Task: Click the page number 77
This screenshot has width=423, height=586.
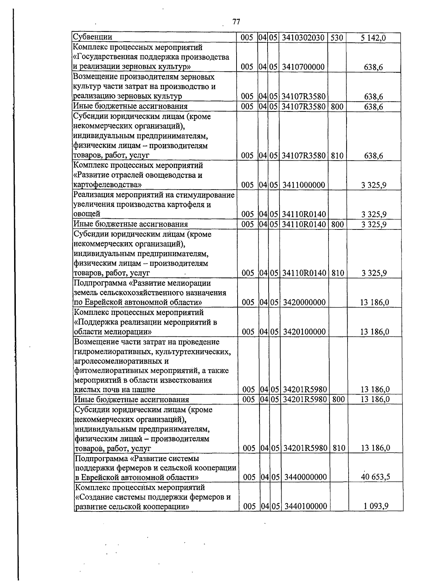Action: (236, 22)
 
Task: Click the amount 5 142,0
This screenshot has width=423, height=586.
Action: (373, 38)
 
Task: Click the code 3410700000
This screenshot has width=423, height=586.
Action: (303, 67)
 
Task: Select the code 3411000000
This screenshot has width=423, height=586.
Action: (303, 185)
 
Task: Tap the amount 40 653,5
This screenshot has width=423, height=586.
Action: (375, 477)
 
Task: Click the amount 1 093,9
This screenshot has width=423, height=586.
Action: (376, 507)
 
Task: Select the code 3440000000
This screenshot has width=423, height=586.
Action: (305, 477)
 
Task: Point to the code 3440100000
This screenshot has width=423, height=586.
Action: (305, 507)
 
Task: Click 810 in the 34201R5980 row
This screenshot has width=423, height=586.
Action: (338, 448)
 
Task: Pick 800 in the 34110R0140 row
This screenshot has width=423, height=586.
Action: (337, 224)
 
